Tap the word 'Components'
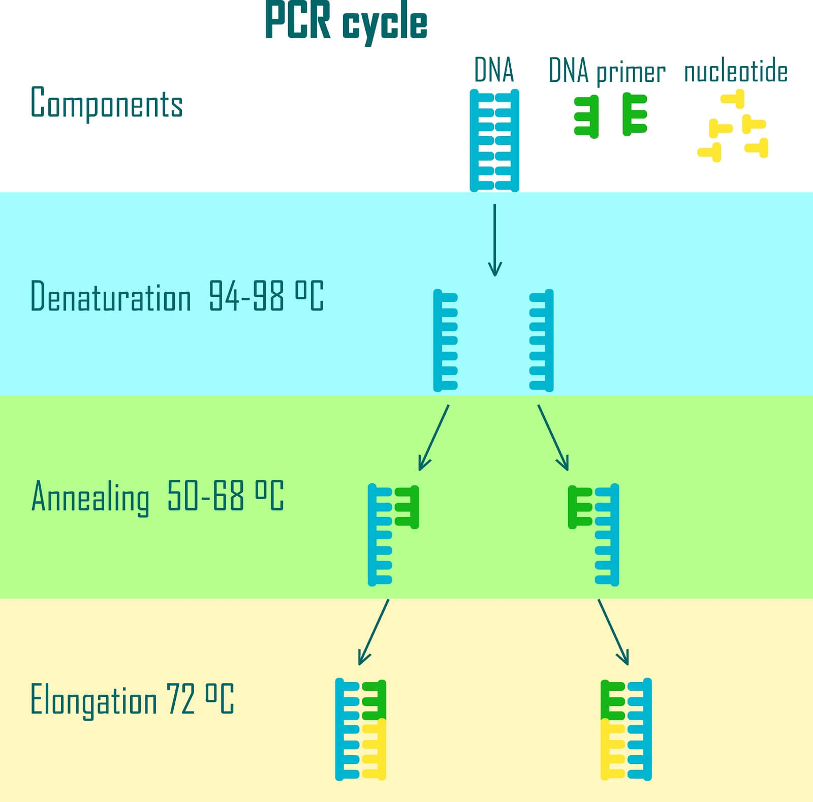tap(107, 103)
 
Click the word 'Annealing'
tap(90, 497)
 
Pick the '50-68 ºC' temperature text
tap(225, 496)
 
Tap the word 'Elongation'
tap(93, 700)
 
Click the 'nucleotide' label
tap(736, 72)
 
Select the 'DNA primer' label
tap(607, 72)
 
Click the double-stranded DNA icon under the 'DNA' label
tap(494, 140)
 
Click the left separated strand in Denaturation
tap(445, 340)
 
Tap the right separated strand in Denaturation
tap(542, 340)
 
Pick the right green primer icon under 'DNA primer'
tap(634, 114)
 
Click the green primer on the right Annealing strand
tap(579, 507)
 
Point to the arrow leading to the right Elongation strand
tap(613, 632)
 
